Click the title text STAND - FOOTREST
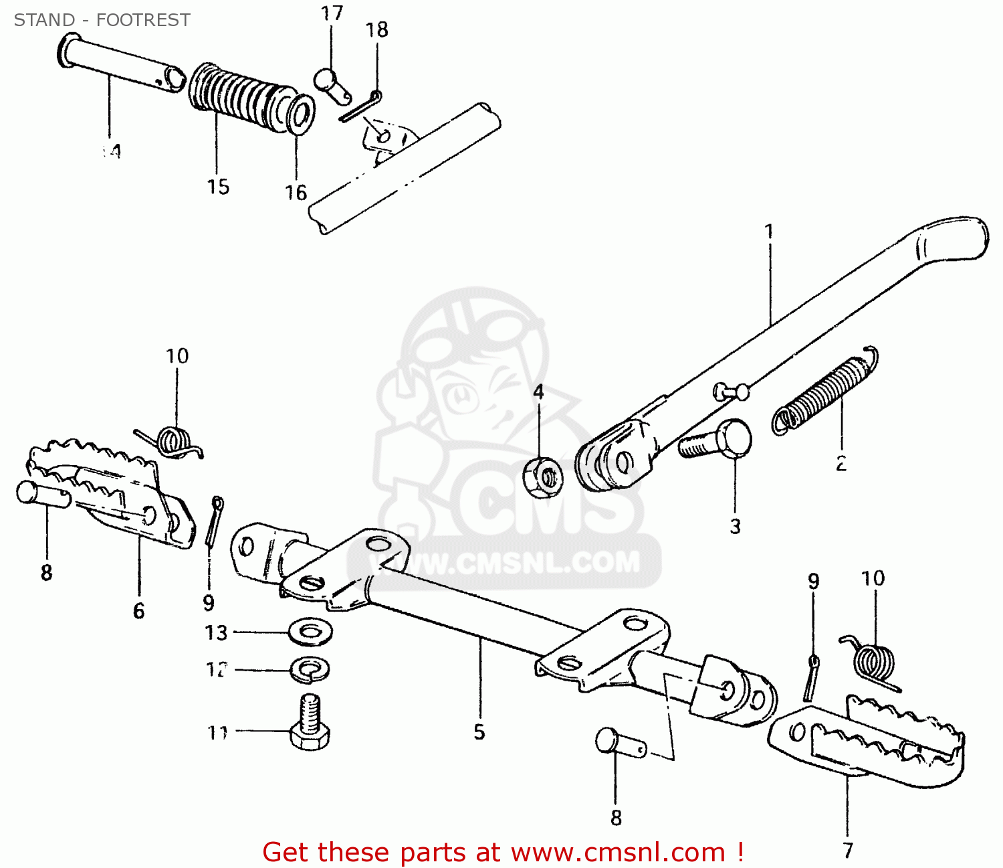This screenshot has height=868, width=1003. pyautogui.click(x=102, y=20)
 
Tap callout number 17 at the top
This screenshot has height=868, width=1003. pyautogui.click(x=332, y=13)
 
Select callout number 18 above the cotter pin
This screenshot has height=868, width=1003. pyautogui.click(x=377, y=30)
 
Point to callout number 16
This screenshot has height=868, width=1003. pyautogui.click(x=296, y=193)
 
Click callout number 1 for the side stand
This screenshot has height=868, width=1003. pyautogui.click(x=769, y=232)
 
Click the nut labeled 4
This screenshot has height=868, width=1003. pyautogui.click(x=542, y=477)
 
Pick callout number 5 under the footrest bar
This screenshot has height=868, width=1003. pyautogui.click(x=479, y=732)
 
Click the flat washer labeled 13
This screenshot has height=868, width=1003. pyautogui.click(x=312, y=631)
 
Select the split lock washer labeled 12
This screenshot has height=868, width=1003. pyautogui.click(x=310, y=669)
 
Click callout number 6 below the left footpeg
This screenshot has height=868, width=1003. pyautogui.click(x=138, y=611)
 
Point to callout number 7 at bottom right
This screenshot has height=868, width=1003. pyautogui.click(x=848, y=850)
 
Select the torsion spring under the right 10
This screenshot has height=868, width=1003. pyautogui.click(x=873, y=663)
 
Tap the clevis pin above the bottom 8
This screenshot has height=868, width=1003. pyautogui.click(x=619, y=743)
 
